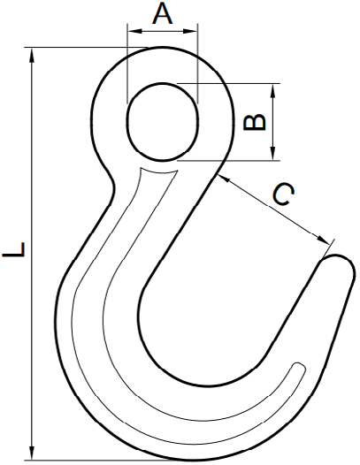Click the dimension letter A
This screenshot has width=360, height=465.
[x=163, y=14]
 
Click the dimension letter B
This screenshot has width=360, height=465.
[x=254, y=122]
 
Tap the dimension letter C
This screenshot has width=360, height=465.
[x=283, y=194]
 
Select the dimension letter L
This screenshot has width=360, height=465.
[x=13, y=249]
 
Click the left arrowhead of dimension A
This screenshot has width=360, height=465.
[x=134, y=31]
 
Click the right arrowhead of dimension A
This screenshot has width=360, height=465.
[x=190, y=31]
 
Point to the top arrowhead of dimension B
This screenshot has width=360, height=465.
[x=273, y=91]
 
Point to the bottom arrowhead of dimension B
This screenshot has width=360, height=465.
[x=273, y=153]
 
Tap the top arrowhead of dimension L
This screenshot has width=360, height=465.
[x=32, y=56]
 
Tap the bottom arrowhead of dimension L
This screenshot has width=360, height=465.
[x=32, y=453]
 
